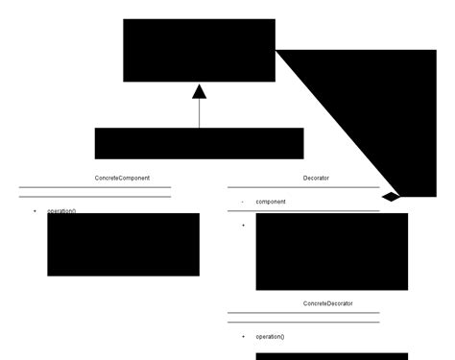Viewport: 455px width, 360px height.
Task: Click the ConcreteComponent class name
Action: coord(122,179)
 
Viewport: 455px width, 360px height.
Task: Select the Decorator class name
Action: coord(316,179)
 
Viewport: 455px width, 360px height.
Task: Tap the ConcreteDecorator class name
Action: coord(327,303)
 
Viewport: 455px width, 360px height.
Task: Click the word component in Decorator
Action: coord(271,202)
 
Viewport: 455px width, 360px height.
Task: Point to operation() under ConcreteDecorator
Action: coord(270,337)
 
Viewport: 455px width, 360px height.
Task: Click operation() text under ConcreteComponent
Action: coord(61,210)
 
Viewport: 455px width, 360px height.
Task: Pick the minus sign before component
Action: coord(242,202)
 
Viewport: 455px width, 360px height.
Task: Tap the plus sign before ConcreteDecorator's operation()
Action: coord(243,337)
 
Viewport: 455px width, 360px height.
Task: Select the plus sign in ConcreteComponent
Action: coord(35,210)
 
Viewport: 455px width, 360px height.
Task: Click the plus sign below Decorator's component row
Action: coord(243,225)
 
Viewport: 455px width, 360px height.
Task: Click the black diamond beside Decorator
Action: coord(391,196)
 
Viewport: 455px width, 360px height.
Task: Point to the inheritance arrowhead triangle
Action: coord(200,92)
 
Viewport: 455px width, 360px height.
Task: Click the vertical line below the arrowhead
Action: coord(200,113)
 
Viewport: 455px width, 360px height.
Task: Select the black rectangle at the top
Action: coord(199,50)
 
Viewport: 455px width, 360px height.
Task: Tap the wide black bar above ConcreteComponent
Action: coord(199,143)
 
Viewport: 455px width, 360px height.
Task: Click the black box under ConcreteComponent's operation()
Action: coord(123,245)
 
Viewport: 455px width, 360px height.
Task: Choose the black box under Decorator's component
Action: coord(331,252)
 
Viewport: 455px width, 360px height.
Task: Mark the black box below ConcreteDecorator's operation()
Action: coord(331,356)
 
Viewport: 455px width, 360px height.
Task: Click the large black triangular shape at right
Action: coord(374,106)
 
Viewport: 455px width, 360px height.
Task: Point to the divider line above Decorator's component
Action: coord(303,187)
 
